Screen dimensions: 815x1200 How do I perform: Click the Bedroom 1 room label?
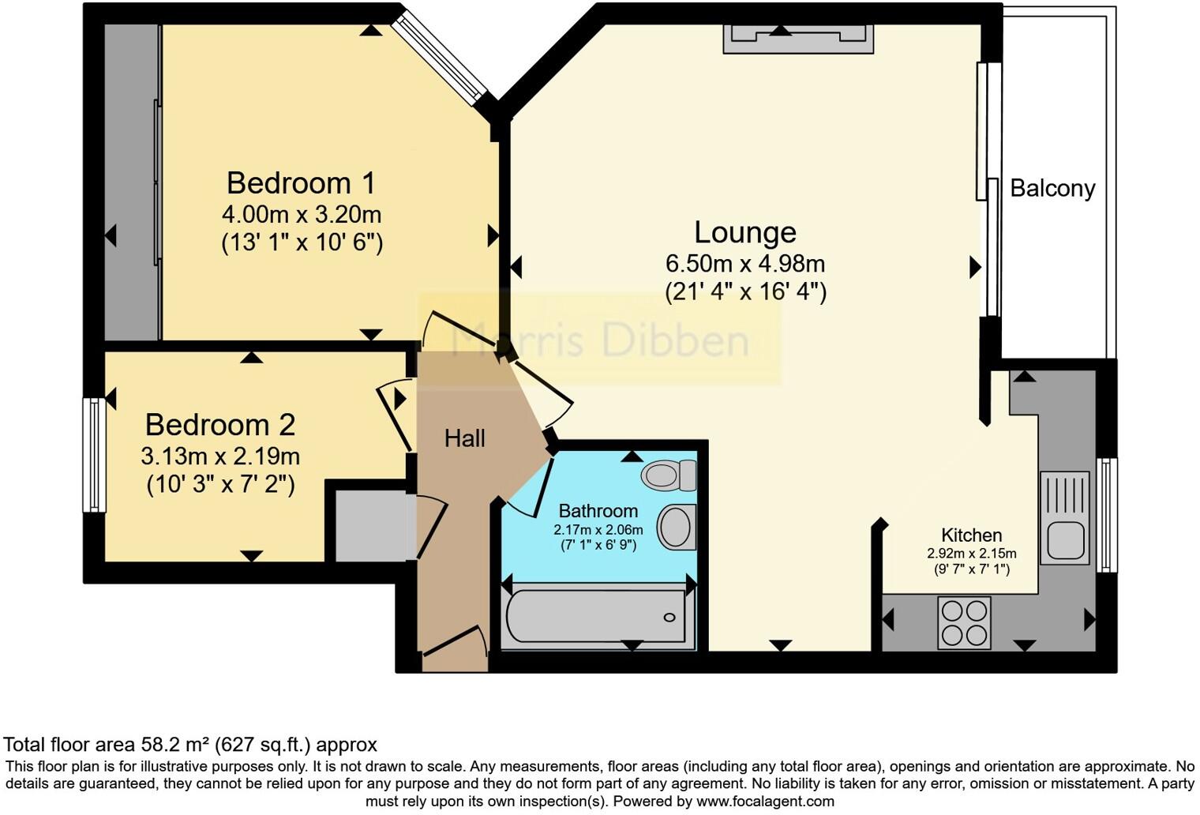[x=301, y=183]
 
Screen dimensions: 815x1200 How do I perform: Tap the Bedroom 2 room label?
[x=219, y=425]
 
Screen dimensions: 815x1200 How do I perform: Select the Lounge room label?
[x=744, y=232]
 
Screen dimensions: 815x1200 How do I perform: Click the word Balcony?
[x=1052, y=189]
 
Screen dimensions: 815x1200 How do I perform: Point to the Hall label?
[x=464, y=438]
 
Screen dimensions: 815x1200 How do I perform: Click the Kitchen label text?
[x=971, y=535]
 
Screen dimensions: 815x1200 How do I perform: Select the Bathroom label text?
[x=598, y=511]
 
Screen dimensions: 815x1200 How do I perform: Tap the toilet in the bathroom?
[x=667, y=475]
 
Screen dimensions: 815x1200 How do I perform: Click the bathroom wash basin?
[x=676, y=527]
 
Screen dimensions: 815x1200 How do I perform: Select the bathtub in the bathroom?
[x=596, y=617]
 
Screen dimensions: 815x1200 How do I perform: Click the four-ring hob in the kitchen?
[x=964, y=622]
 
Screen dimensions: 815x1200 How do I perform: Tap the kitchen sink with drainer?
[x=1064, y=517]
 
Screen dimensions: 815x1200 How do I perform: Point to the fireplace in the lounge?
[x=798, y=38]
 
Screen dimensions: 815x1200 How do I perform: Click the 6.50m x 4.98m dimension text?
[x=744, y=263]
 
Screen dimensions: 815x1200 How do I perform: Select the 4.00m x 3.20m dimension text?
[x=301, y=214]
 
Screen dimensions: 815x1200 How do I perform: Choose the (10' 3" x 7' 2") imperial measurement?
[x=220, y=483]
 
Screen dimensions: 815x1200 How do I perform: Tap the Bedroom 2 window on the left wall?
[x=95, y=454]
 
